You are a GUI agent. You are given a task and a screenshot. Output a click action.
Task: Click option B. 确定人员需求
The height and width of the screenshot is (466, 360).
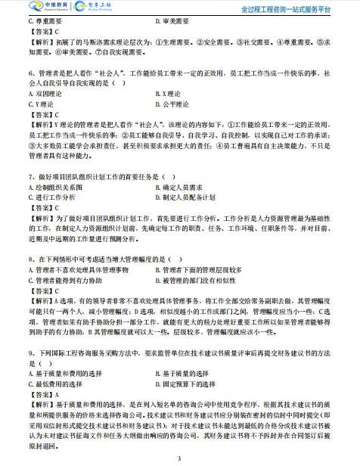click(180, 186)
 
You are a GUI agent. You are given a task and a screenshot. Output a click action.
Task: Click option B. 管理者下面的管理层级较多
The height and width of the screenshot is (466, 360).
click(198, 269)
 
